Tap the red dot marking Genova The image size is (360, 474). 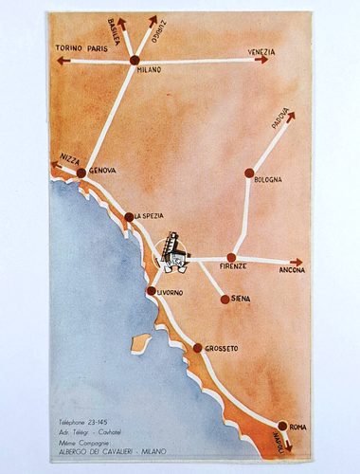82,173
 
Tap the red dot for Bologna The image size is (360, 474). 249,173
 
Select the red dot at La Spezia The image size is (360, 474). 129,216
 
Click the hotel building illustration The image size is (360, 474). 174,250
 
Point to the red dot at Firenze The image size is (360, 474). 231,257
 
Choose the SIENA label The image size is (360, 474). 242,300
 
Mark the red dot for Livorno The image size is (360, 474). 152,291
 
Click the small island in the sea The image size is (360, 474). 139,340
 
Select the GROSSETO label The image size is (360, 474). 220,348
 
